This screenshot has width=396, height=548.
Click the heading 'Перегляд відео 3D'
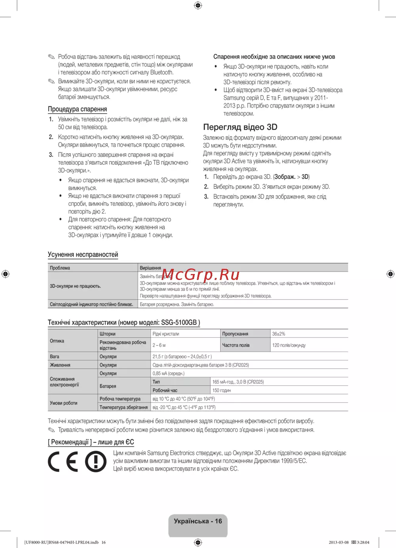[240, 127]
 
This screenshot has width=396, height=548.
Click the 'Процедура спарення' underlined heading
[77, 109]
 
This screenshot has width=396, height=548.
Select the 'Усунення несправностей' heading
[83, 254]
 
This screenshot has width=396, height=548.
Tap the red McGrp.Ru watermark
[200, 274]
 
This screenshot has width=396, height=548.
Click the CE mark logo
[63, 462]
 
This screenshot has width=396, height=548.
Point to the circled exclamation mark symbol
[96, 462]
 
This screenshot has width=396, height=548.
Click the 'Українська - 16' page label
[198, 521]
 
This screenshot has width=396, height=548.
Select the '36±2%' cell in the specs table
[279, 334]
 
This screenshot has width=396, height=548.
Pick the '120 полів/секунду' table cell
[289, 345]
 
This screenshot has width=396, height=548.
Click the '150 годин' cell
[221, 390]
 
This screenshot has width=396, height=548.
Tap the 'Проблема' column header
[60, 268]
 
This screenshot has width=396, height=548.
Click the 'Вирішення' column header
[150, 268]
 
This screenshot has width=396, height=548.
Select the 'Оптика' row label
[57, 341]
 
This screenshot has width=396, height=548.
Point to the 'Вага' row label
[55, 357]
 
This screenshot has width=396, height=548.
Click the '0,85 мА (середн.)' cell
[168, 373]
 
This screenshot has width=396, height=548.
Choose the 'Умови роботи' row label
[63, 403]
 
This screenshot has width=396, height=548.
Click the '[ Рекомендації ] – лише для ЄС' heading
[91, 442]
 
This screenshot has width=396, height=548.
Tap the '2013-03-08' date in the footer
[339, 542]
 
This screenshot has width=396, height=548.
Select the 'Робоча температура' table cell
[120, 399]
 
